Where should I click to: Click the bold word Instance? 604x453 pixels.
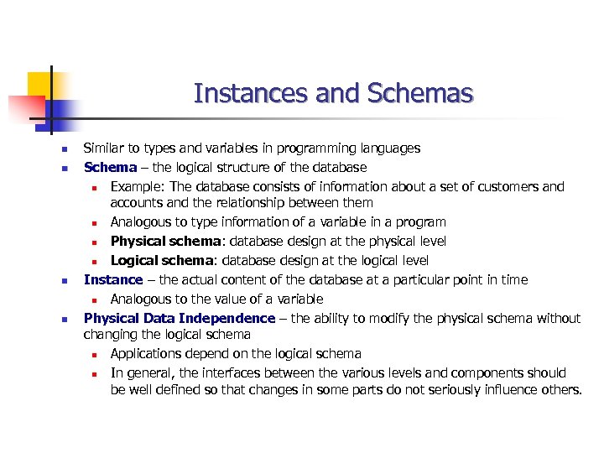113,280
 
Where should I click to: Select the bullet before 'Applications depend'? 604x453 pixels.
96,355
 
